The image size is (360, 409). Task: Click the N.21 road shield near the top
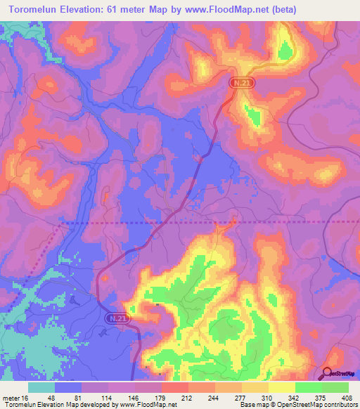239,83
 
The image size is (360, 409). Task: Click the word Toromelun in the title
39,10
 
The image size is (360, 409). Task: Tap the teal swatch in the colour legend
41,388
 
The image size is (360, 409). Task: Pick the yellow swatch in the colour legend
282,388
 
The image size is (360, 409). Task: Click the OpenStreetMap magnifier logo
328,373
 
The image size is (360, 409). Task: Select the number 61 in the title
134,10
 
